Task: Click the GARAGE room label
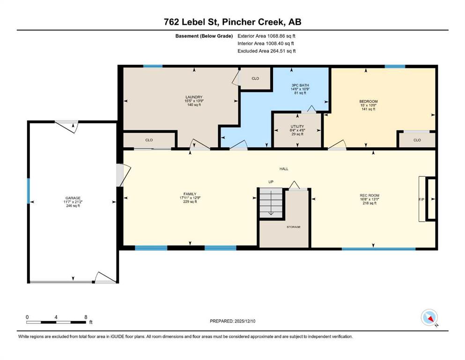73,198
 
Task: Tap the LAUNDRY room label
194,97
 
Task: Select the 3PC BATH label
300,85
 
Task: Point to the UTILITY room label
297,127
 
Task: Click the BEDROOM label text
369,102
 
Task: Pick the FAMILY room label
190,194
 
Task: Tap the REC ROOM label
369,195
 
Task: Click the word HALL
284,169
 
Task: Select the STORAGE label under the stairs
294,227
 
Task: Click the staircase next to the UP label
271,203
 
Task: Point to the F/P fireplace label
421,200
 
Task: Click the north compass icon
429,317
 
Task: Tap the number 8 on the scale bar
86,317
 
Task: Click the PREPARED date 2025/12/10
244,321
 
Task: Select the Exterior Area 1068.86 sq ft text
266,36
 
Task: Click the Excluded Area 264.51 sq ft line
266,51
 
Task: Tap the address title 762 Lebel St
191,22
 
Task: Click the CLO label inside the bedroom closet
417,140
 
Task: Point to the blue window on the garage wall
29,191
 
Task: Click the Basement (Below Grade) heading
204,36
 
